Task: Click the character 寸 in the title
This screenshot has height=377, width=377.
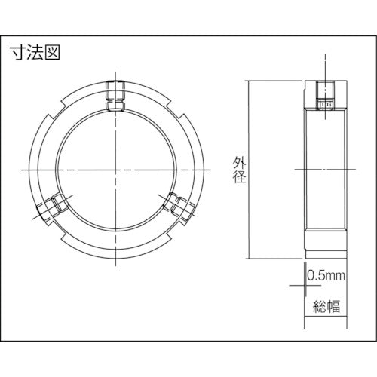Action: click(19, 54)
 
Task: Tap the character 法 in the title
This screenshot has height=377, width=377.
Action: click(35, 54)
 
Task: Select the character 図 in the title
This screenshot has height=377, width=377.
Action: click(51, 54)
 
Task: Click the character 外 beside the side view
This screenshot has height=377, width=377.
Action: click(238, 161)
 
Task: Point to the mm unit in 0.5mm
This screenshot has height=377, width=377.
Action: click(334, 277)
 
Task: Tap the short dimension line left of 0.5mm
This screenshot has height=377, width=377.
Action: click(296, 285)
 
